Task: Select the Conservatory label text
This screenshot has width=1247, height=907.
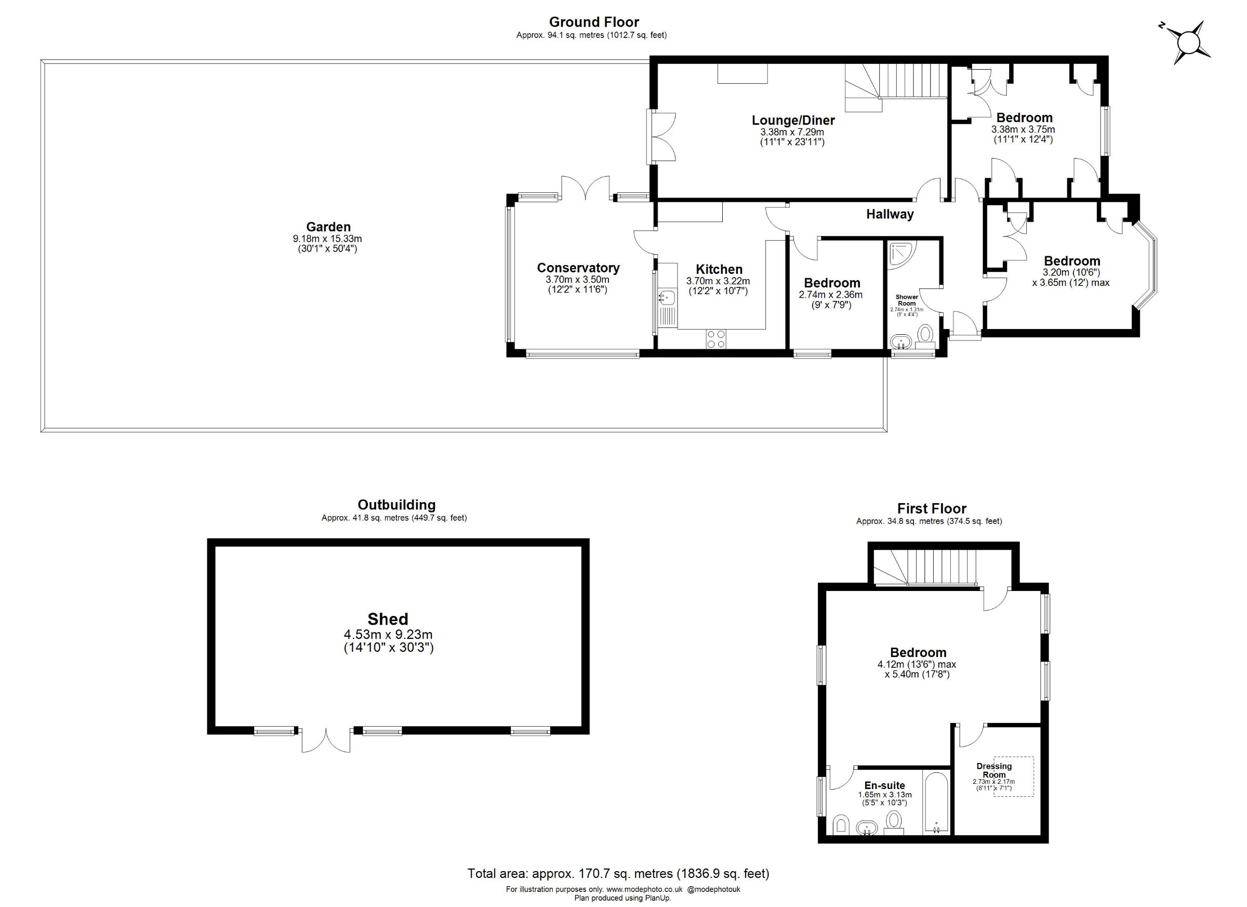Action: (x=578, y=268)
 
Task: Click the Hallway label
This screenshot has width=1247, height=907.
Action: (x=890, y=214)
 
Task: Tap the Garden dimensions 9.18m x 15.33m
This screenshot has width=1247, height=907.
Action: (x=328, y=239)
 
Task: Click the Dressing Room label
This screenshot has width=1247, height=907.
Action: (x=994, y=770)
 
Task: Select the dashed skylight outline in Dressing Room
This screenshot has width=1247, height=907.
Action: (x=1013, y=776)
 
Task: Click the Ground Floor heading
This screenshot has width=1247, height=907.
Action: (x=594, y=22)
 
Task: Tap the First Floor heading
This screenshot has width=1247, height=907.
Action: (x=932, y=508)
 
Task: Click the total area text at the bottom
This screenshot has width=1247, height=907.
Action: (x=618, y=873)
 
